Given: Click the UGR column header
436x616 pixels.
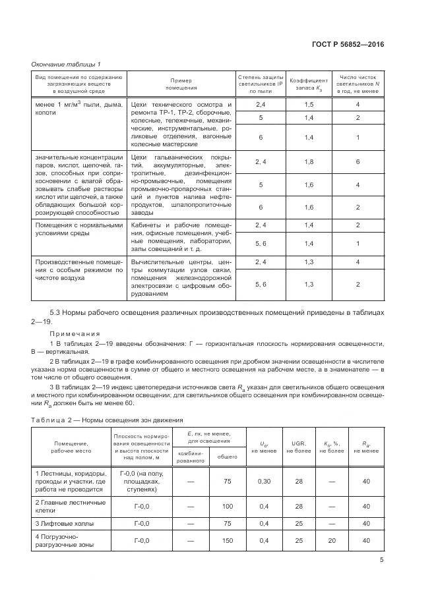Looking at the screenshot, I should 299,445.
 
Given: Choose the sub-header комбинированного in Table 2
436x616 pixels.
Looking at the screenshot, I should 190,456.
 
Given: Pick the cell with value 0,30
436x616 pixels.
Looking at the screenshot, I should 264,482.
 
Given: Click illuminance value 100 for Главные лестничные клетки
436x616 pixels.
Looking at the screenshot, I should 228,506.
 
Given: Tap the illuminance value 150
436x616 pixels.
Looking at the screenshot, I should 228,540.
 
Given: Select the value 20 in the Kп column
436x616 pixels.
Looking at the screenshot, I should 331,540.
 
